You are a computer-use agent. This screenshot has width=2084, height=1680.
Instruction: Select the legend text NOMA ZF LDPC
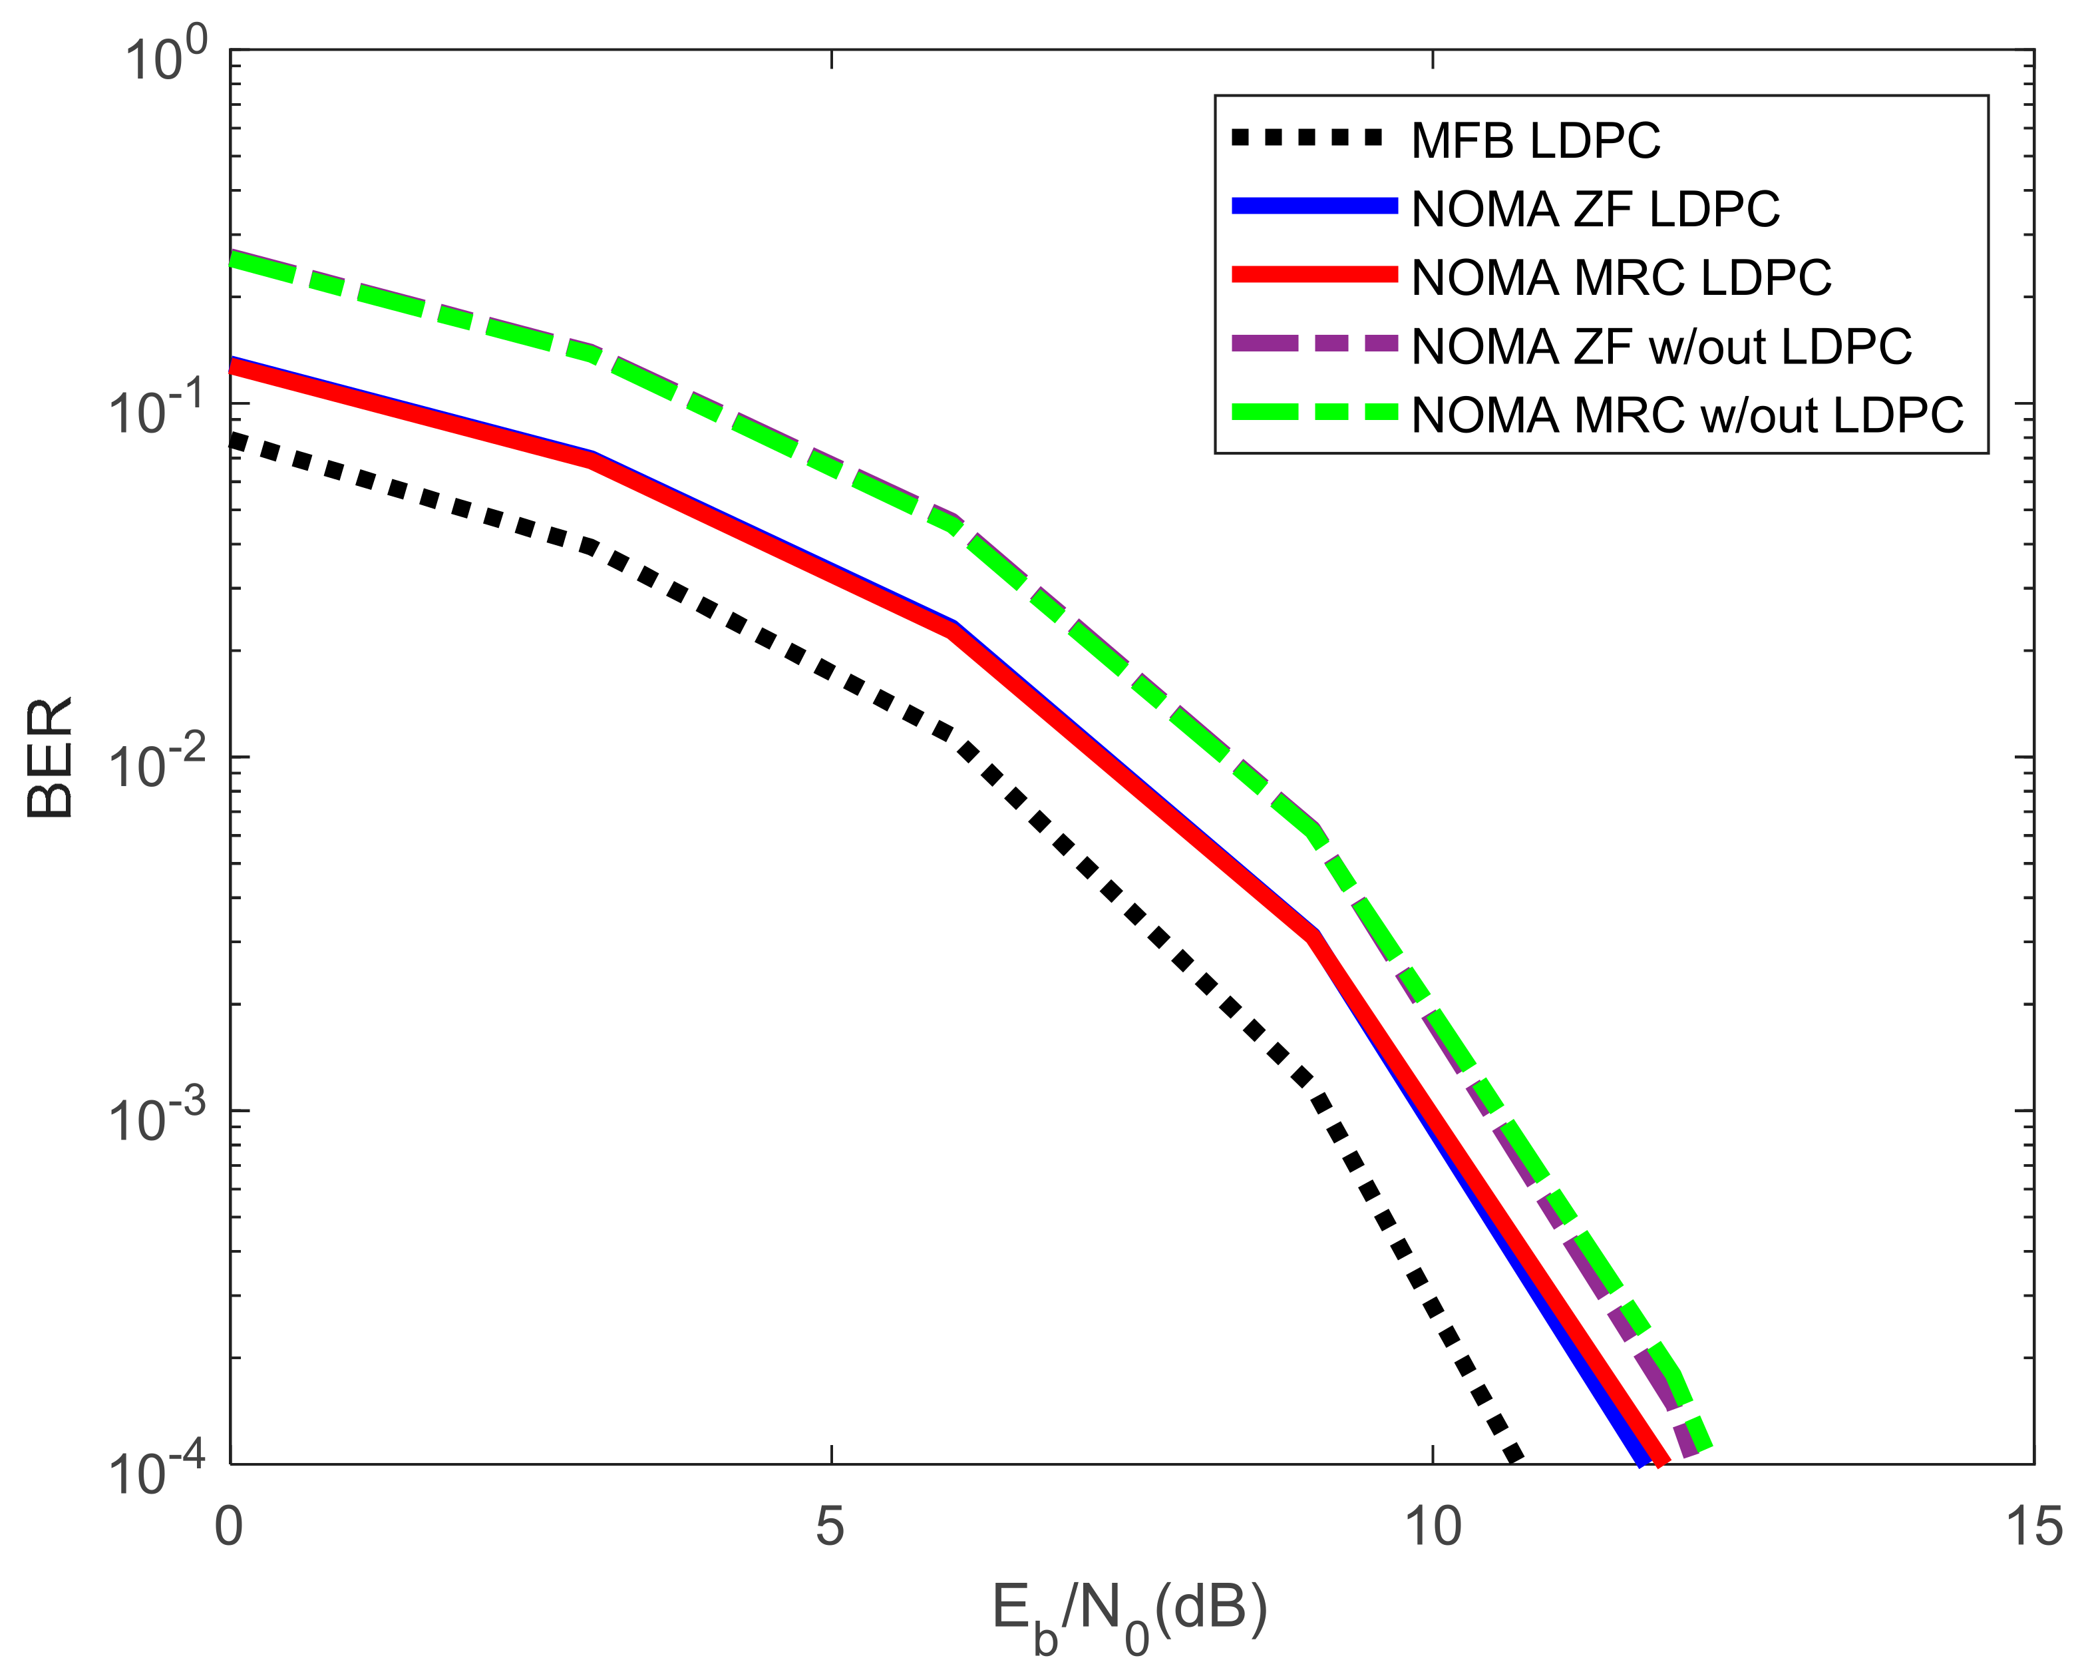point(1594,210)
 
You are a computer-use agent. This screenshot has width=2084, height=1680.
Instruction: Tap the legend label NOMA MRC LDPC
point(1621,279)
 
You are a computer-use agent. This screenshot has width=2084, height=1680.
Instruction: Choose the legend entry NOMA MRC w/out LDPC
point(1686,415)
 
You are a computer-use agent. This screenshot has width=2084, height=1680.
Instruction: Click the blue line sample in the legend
point(1314,205)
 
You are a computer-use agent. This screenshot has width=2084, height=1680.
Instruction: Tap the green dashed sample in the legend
point(1314,412)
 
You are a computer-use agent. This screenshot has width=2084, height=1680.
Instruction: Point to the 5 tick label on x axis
point(830,1526)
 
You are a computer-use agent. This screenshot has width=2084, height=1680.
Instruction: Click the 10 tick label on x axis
point(1432,1526)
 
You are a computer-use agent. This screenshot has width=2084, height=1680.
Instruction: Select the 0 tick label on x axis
point(230,1526)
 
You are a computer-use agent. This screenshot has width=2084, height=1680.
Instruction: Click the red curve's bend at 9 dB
point(1313,937)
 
